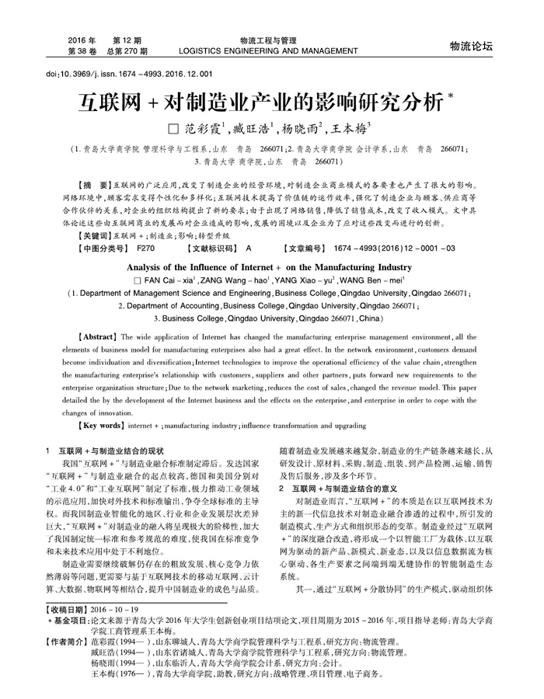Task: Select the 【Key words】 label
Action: [x=101, y=426]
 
